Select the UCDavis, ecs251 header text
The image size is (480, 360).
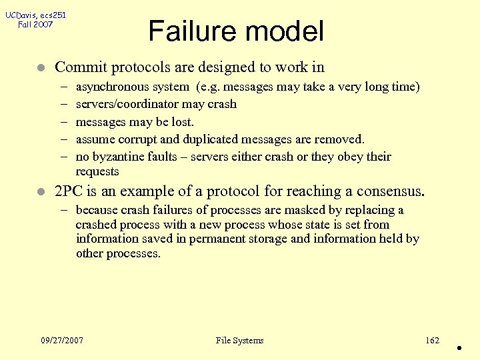(35, 15)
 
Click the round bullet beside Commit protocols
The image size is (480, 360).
(41, 67)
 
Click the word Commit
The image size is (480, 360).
(81, 67)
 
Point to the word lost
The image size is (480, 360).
(182, 121)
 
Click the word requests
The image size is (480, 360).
(97, 171)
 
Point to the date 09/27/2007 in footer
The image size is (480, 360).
(62, 341)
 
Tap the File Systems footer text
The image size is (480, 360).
(239, 341)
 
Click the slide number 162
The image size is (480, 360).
(432, 341)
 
